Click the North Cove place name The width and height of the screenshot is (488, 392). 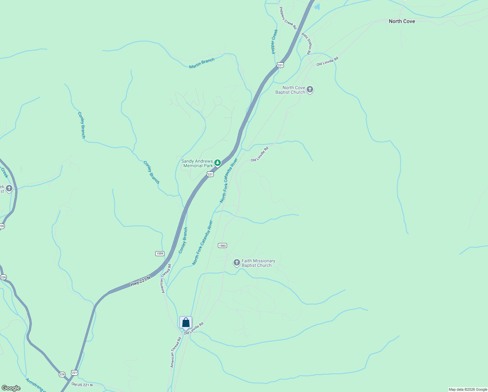click(402, 21)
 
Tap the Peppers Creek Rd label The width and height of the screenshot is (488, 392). click(288, 18)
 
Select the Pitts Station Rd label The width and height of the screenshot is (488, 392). click(306, 43)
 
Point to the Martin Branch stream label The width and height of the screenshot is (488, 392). click(202, 63)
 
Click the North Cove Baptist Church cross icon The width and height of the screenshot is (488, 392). click(310, 89)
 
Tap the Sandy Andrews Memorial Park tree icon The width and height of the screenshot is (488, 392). click(218, 163)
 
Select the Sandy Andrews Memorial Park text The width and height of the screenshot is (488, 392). click(197, 163)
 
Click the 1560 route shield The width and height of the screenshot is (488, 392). click(222, 246)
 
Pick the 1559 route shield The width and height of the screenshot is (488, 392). click(160, 253)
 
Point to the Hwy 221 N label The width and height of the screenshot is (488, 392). click(141, 281)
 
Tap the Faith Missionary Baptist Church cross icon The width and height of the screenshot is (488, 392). click(237, 263)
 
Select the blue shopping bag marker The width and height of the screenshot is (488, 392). click(186, 322)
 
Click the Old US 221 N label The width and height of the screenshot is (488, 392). click(82, 384)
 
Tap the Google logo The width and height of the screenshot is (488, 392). click(11, 388)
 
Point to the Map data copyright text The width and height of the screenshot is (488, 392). click(467, 389)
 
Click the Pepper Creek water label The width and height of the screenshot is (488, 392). click(274, 41)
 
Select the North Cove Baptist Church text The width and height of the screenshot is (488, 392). click(290, 90)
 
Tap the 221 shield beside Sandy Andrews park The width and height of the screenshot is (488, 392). click(210, 174)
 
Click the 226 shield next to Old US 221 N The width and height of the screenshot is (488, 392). click(62, 374)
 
